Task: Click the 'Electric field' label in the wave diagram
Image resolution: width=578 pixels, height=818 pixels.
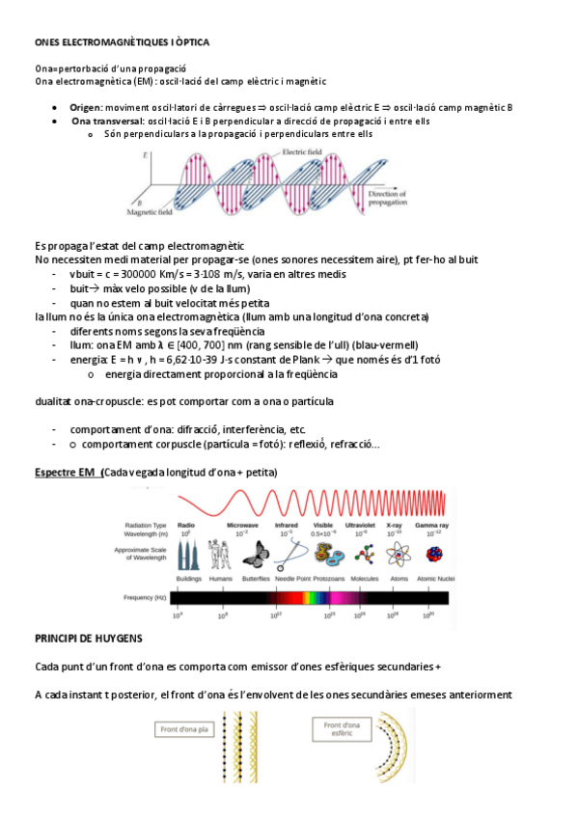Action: point(301,152)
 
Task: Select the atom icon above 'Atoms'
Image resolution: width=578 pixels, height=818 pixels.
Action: point(398,553)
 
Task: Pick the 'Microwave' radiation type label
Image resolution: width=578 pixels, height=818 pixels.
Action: point(242,525)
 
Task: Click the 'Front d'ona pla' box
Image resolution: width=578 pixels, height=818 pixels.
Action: point(183,729)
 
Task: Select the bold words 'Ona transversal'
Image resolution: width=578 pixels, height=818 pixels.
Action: point(106,122)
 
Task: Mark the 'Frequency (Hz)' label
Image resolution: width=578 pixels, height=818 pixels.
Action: point(147,598)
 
